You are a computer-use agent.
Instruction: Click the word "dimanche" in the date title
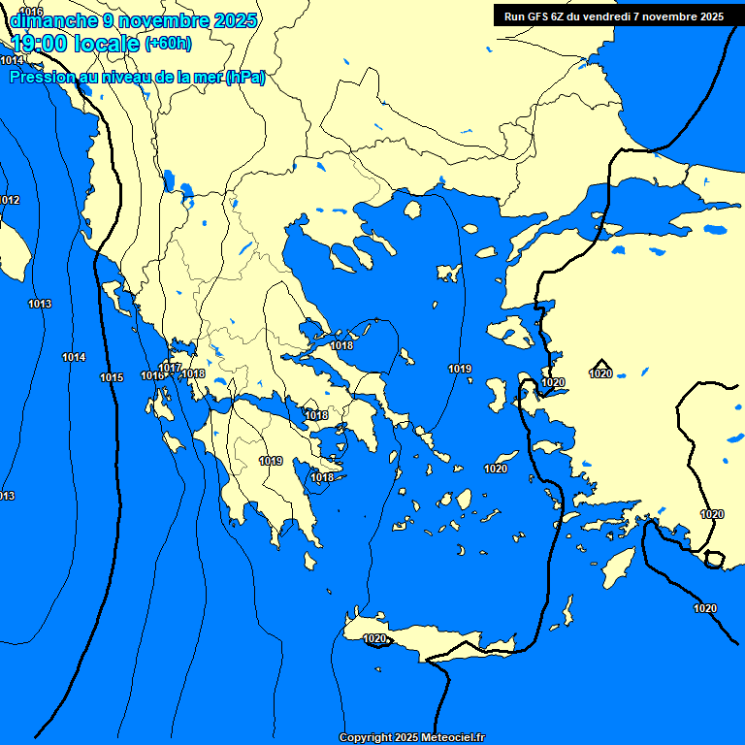[54, 20]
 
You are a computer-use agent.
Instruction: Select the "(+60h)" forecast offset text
[168, 44]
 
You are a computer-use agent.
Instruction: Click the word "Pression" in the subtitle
[42, 78]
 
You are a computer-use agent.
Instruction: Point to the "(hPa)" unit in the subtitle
[244, 78]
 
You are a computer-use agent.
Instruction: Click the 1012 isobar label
[9, 200]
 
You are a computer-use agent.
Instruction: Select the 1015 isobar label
[112, 377]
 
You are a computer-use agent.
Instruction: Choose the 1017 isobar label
[171, 368]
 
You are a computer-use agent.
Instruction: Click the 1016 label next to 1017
[151, 375]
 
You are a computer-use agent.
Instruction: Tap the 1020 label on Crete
[375, 638]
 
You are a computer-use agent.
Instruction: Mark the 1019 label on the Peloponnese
[271, 461]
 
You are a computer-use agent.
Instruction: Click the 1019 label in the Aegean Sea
[460, 369]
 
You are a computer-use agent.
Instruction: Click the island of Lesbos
[511, 333]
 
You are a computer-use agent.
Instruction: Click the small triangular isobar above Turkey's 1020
[601, 363]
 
